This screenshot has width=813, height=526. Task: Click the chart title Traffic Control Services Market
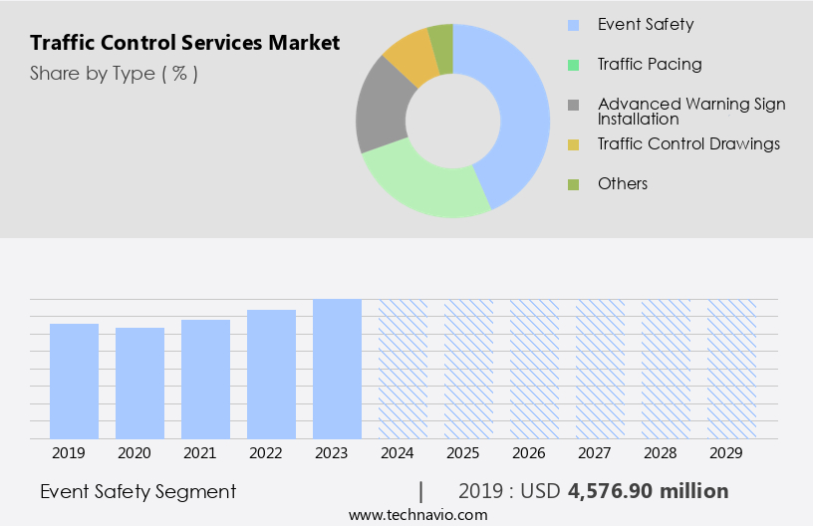tap(184, 43)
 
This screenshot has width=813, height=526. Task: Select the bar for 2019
tap(75, 381)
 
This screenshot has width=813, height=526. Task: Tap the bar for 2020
tap(140, 383)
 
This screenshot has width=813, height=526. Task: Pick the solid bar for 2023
tap(337, 369)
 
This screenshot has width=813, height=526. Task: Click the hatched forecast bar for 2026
tap(534, 369)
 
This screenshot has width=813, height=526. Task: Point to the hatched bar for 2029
tap(731, 369)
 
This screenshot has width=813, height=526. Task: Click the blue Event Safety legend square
tap(573, 25)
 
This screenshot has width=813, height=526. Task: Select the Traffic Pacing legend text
tap(650, 64)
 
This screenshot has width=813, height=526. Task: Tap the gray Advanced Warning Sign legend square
tap(573, 105)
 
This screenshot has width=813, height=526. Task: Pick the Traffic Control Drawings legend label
tap(688, 143)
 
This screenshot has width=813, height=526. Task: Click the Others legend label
tap(623, 183)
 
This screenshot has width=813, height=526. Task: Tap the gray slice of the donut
tap(381, 110)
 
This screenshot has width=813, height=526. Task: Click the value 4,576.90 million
tap(648, 491)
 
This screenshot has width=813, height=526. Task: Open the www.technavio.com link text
tap(418, 514)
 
